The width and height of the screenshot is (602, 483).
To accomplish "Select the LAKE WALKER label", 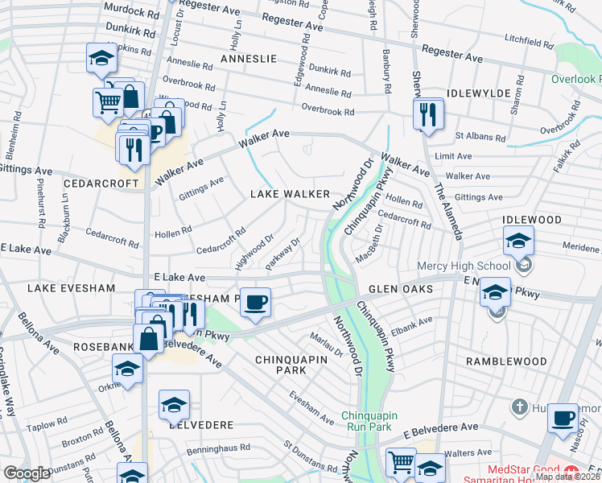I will pos(290,194).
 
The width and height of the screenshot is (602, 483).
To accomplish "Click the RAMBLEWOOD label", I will pos(506,361).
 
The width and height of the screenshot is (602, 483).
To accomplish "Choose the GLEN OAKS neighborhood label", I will pos(401,288).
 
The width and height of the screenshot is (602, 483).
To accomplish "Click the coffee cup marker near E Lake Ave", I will pos(255,303).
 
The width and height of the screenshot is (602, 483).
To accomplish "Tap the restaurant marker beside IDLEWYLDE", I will pos(428,115).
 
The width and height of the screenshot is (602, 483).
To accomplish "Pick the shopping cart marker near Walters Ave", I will pos(401,462).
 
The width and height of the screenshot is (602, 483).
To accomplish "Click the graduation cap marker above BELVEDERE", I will pos(174,407).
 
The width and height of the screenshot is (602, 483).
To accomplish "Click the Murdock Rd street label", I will pos(131,13).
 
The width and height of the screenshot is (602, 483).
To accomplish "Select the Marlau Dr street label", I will pos(332,345).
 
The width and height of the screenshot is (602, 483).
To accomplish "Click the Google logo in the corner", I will pos(27,473).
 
